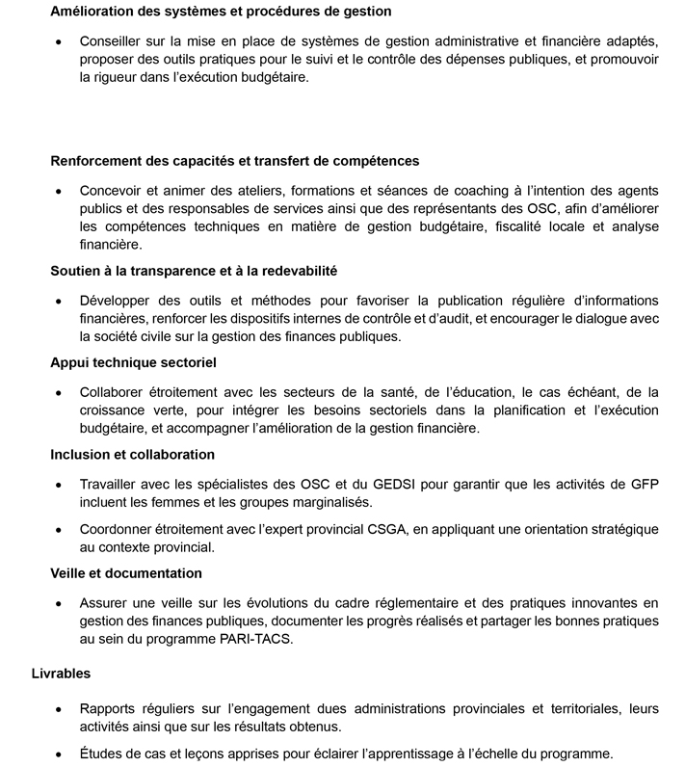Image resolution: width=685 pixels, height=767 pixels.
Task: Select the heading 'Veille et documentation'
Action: (x=126, y=572)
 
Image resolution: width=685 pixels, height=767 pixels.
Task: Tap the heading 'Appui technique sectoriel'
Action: (x=133, y=362)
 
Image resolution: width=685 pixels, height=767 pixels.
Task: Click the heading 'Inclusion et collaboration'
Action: (x=132, y=454)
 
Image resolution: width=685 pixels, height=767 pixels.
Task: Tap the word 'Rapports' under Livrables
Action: (x=109, y=708)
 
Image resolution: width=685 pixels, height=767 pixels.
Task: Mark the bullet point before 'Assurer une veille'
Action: (x=60, y=603)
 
